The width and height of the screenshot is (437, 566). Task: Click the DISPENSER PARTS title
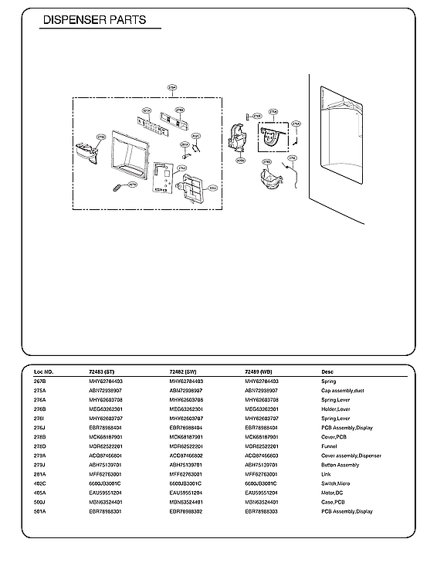[x=94, y=21]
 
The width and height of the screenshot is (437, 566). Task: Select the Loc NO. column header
[x=44, y=372]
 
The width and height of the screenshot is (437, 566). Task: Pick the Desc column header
[x=327, y=372]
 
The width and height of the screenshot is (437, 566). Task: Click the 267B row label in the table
[x=41, y=381]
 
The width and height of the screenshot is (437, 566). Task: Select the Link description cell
[x=326, y=474]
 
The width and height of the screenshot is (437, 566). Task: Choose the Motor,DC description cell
[x=333, y=493]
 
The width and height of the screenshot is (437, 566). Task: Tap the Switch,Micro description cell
[x=335, y=483]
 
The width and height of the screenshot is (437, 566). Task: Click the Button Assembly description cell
[x=340, y=465]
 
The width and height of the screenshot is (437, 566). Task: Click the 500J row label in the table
[x=41, y=502]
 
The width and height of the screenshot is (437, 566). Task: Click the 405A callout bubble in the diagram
[x=240, y=161]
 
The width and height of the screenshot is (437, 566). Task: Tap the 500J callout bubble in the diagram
[x=213, y=188]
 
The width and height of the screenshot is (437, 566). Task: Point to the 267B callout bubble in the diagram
[x=132, y=185]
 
